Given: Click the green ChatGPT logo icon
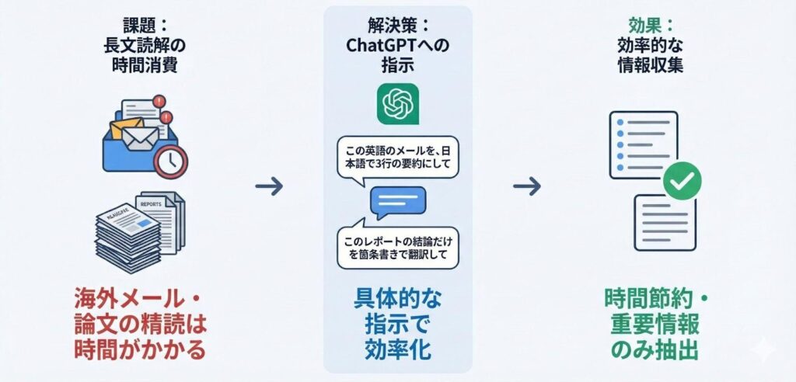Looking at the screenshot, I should tap(397, 104).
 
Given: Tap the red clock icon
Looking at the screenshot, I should tap(170, 161).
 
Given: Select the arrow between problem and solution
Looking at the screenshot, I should tap(269, 186).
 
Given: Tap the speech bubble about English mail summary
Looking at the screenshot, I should tap(397, 155).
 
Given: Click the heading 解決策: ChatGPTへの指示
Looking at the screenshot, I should tap(398, 46).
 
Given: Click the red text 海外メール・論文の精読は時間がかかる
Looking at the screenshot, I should tap(141, 323).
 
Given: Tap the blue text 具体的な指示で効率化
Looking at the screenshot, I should tap(398, 321).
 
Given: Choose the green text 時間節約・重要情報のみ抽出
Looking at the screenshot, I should tap(654, 323).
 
